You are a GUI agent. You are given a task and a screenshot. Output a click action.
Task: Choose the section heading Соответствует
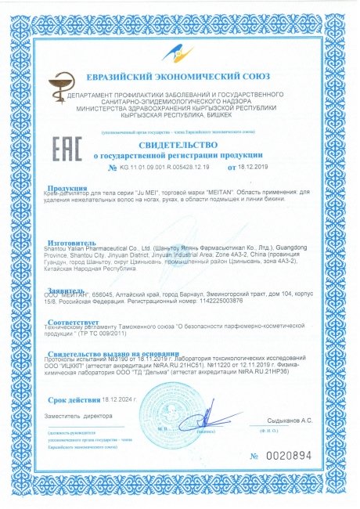[75, 321]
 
